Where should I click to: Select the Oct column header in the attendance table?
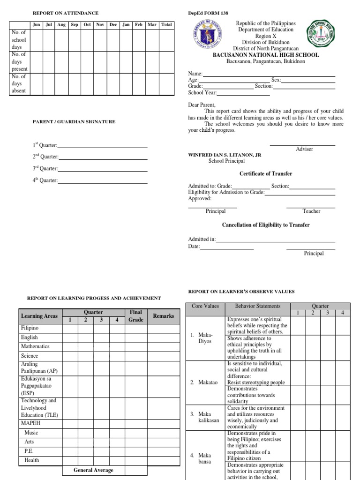(87, 25)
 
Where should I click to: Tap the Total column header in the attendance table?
(166, 25)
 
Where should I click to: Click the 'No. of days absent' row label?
(19, 83)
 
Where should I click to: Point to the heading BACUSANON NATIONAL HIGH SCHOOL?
(266, 55)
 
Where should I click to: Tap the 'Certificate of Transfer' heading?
(266, 173)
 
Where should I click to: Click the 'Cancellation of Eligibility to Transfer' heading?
(266, 225)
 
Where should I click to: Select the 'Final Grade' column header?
(136, 315)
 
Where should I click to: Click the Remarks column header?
(163, 316)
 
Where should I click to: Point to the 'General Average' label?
(93, 470)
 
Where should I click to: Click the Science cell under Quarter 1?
(70, 356)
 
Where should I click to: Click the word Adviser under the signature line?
(305, 149)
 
